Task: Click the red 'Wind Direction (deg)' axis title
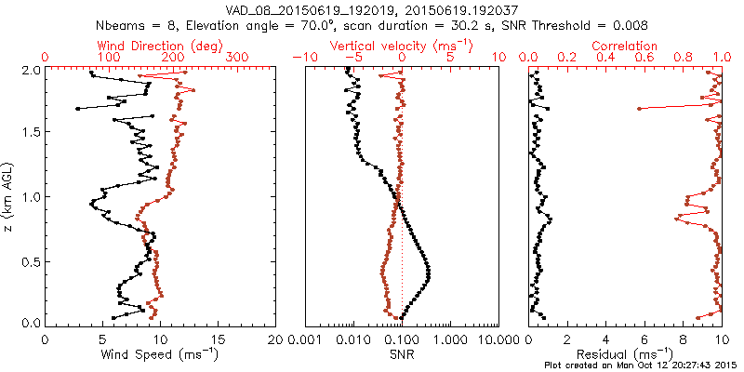[x=161, y=46]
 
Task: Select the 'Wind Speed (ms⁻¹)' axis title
[x=161, y=354]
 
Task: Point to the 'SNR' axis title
[x=402, y=354]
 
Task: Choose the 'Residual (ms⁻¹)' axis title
[x=625, y=354]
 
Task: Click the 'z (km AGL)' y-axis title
[x=8, y=196]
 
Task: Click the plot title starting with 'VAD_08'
[x=372, y=9]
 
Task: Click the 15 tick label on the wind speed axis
[x=219, y=339]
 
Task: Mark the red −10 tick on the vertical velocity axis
[x=303, y=58]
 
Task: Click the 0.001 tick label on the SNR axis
[x=305, y=339]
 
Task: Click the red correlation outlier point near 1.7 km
[x=639, y=109]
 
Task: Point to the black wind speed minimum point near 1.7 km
[x=77, y=109]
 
